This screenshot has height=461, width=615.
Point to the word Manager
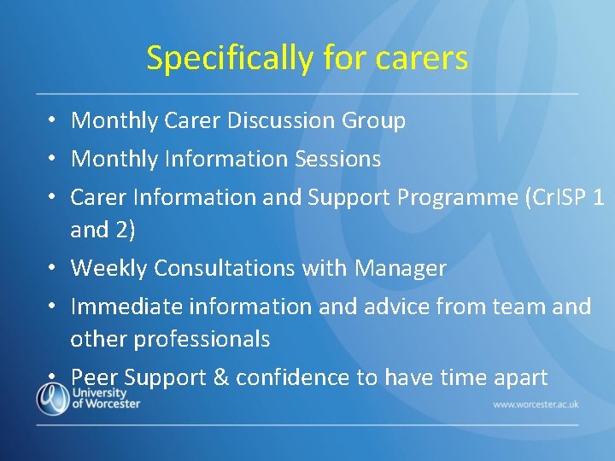pos(400,268)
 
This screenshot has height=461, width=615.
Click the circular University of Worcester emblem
pos(53,399)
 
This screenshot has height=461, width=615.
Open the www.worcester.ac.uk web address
pos(535,403)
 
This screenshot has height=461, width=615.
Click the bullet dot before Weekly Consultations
pos(53,268)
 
